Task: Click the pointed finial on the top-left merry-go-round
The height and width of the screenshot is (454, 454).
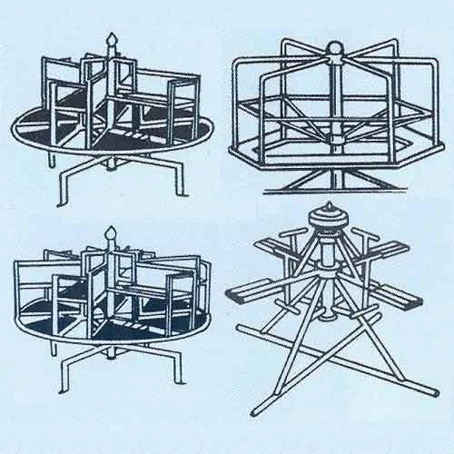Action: point(113,41)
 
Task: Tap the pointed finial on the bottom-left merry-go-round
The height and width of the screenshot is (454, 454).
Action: point(113,234)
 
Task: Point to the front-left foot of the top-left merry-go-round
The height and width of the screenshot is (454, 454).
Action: point(62,202)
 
